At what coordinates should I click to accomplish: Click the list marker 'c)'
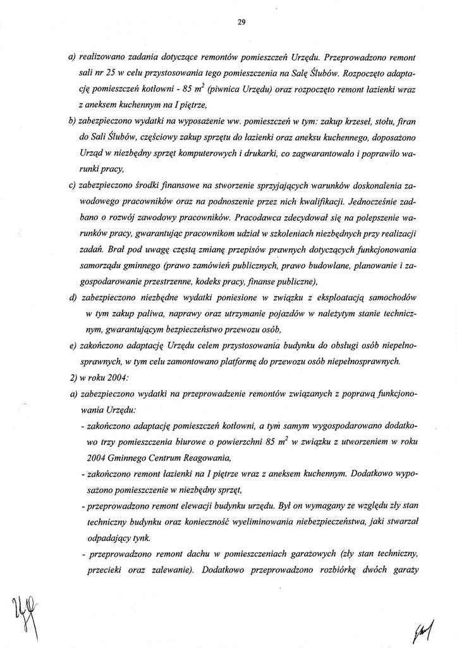71,187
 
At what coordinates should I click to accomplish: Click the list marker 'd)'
71,298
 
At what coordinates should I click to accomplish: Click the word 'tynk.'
138,539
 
